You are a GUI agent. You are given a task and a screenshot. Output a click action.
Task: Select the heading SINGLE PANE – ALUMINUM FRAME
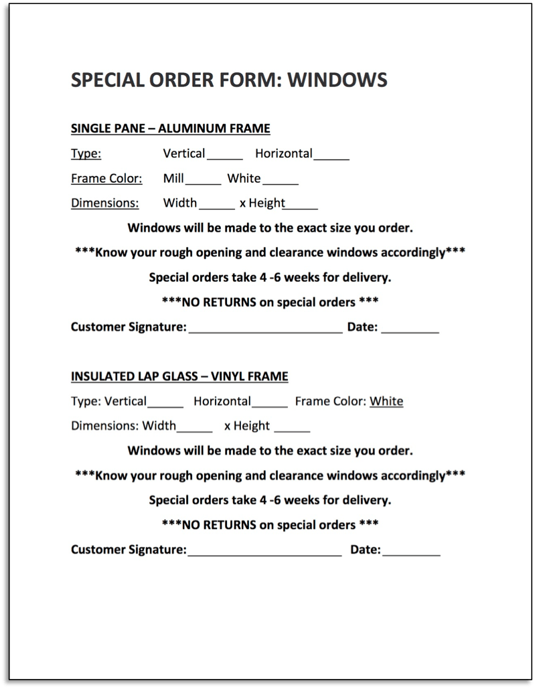tap(170, 128)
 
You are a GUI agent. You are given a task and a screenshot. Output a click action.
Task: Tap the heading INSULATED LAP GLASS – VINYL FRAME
tap(179, 376)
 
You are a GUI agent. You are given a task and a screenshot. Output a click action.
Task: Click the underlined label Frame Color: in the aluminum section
tap(106, 179)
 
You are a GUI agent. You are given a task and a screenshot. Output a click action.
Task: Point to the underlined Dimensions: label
tap(105, 204)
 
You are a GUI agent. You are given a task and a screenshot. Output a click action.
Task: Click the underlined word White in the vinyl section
tap(386, 402)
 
